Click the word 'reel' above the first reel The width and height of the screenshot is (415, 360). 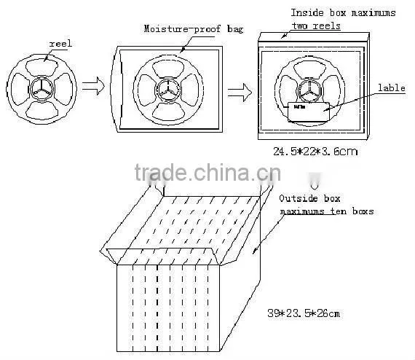click(x=60, y=44)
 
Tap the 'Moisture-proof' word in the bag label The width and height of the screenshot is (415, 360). click(x=182, y=28)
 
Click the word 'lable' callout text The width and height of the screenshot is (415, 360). click(x=392, y=87)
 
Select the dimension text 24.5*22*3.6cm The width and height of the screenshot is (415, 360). click(x=315, y=152)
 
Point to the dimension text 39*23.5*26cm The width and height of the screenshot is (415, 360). click(x=304, y=313)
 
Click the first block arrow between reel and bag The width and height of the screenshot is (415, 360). click(x=93, y=86)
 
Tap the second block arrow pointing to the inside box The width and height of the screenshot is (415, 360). click(x=240, y=93)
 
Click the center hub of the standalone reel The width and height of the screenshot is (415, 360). click(x=41, y=89)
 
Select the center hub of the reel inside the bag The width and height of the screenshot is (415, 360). click(x=167, y=90)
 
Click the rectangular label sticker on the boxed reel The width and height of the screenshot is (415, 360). click(x=309, y=112)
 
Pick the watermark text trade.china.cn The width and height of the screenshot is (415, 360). click(x=207, y=173)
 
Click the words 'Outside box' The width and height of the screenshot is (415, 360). click(x=309, y=198)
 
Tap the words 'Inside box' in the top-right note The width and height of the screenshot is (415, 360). click(x=318, y=12)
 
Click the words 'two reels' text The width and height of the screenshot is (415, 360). click(x=316, y=26)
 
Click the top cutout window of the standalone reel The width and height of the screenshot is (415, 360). click(x=41, y=67)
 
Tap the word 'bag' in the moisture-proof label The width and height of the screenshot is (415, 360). click(x=235, y=29)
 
